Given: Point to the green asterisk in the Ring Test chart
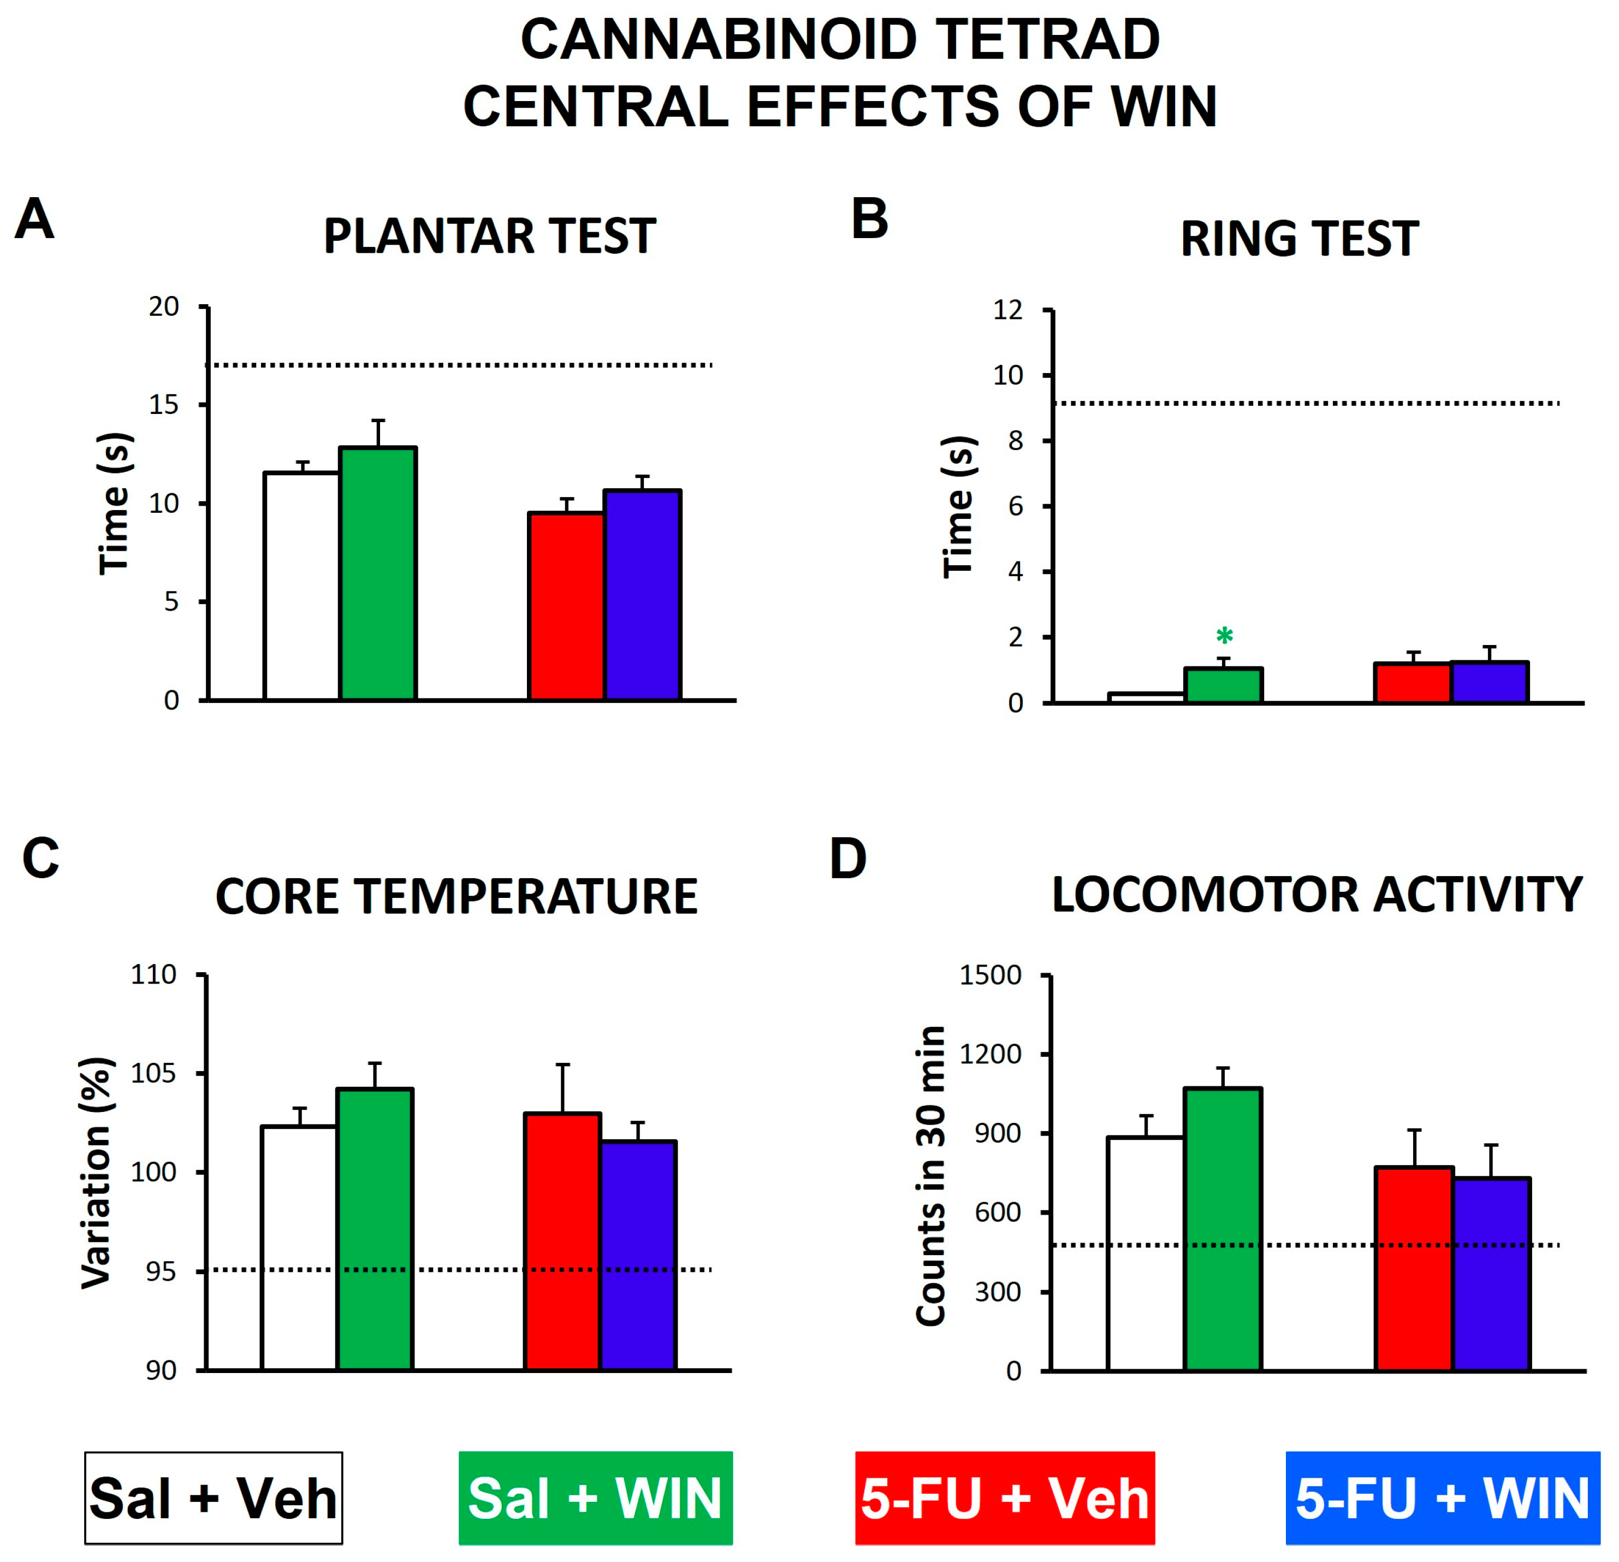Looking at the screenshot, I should click(1224, 637).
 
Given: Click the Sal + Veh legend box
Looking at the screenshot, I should click(213, 1498).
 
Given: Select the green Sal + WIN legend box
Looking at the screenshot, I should click(595, 1498).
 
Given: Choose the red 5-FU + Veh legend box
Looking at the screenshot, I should click(1005, 1498).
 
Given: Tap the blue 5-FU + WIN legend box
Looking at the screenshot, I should click(1442, 1498).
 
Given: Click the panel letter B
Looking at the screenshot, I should click(869, 220).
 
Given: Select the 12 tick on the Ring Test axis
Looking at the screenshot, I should click(1008, 311).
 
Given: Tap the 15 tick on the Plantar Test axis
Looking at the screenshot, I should click(164, 405).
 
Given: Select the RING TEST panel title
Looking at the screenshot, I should click(1300, 239).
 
